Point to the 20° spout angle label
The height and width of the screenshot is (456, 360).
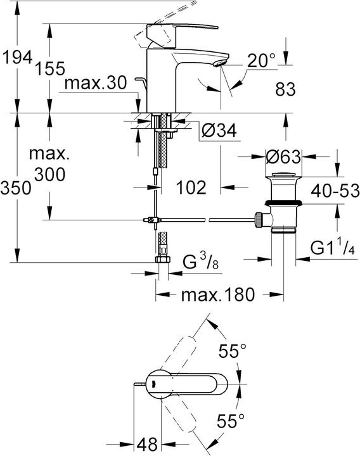tap(262, 61)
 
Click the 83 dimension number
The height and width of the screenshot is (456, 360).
tap(285, 90)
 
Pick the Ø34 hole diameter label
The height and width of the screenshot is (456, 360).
tap(219, 130)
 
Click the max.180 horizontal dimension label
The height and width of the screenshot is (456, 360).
tap(219, 294)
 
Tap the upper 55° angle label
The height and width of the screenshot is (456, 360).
tap(233, 351)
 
